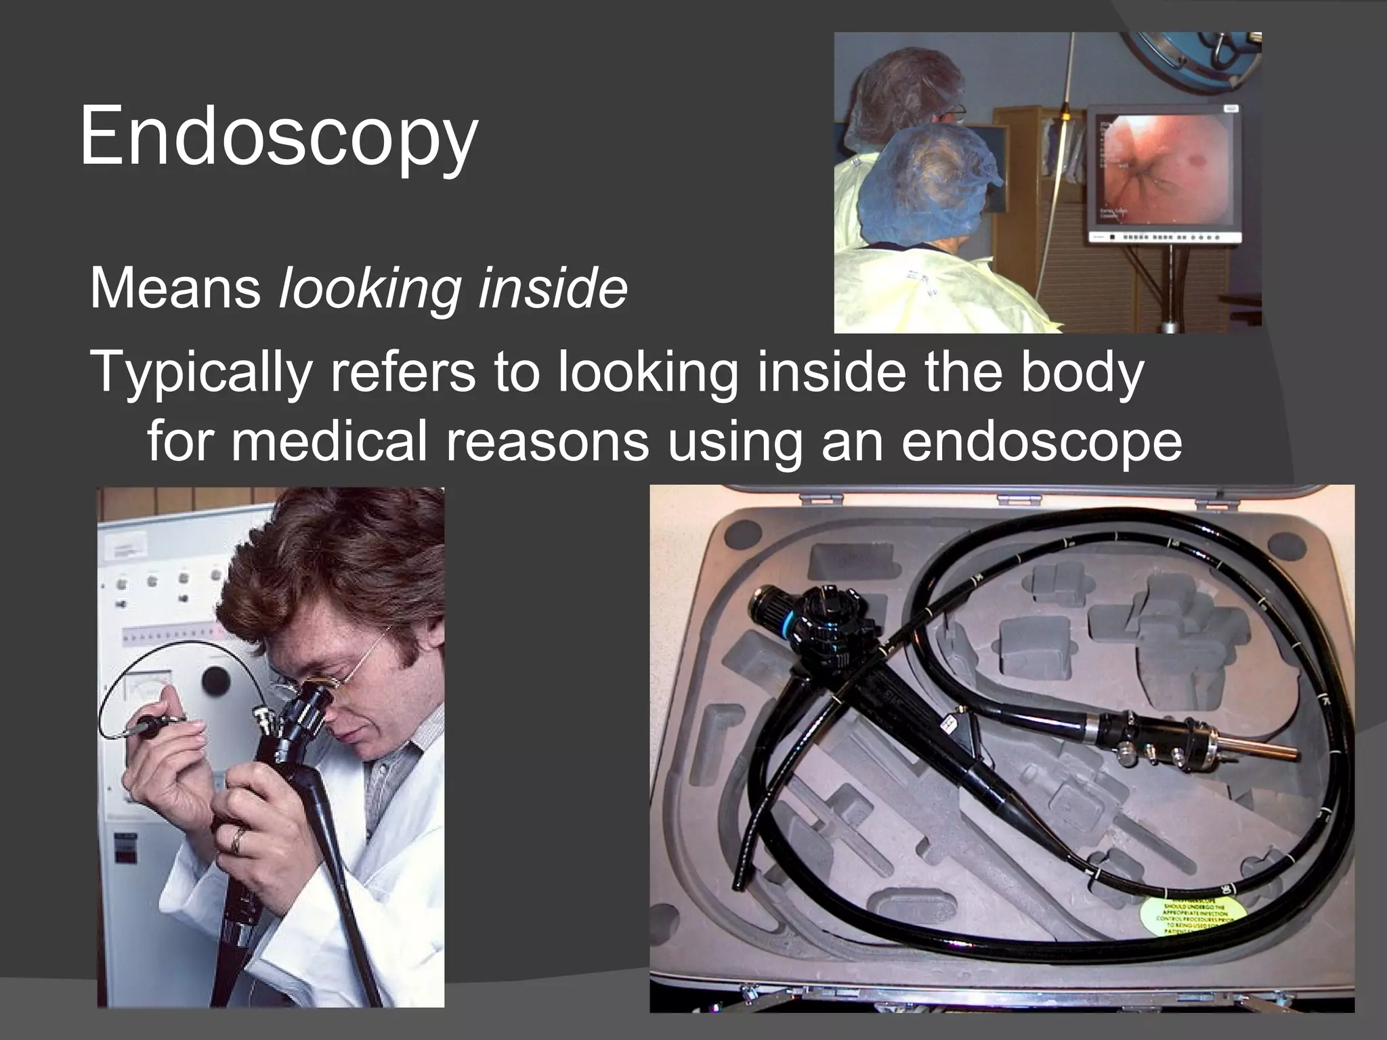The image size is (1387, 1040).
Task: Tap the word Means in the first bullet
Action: pos(175,288)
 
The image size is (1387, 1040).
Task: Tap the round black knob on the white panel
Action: pos(216,679)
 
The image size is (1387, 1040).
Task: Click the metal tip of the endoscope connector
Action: pos(1266,750)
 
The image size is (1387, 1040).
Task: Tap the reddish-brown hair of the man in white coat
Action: pos(339,569)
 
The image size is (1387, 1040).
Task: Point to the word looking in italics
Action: pos(369,288)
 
